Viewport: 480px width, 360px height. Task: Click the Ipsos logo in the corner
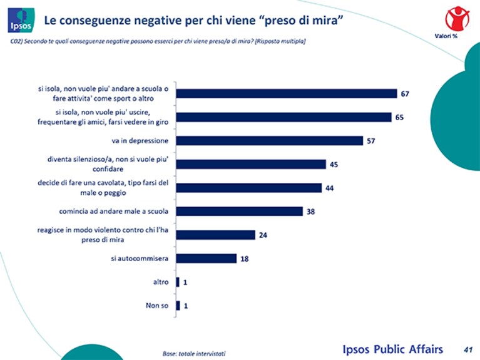[x=21, y=20]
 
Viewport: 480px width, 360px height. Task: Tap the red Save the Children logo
[x=457, y=19]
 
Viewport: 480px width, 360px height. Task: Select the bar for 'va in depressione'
[x=269, y=141]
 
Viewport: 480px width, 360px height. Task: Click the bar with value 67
[x=287, y=94]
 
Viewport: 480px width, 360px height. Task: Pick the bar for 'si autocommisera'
[x=207, y=259]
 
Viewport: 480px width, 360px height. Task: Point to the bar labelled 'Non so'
[x=178, y=306]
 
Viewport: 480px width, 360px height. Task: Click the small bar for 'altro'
[x=178, y=282]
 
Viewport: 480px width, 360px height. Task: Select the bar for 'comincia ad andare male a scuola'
[x=240, y=212]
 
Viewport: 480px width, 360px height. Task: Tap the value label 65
[x=399, y=117]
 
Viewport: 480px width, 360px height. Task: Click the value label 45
[x=334, y=165]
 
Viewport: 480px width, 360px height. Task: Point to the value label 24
[x=263, y=235]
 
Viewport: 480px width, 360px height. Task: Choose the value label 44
[x=329, y=188]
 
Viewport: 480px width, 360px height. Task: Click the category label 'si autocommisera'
[x=140, y=259]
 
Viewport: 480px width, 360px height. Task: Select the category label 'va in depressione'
[x=140, y=141]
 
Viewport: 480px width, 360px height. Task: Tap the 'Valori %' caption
[x=446, y=36]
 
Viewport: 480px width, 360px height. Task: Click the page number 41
[x=468, y=349]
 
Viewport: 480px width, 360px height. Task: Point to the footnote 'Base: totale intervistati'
[x=194, y=354]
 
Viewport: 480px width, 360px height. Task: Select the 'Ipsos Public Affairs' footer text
[x=393, y=349]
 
